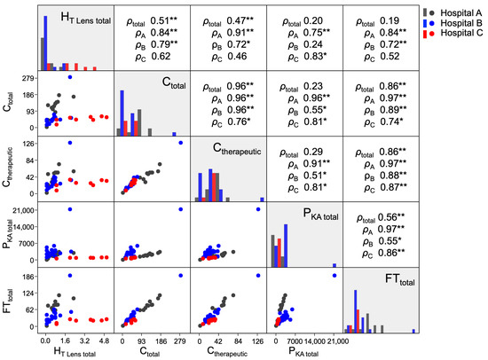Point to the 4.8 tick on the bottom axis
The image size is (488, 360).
point(103,340)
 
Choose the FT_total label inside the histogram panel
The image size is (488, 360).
point(382,284)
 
